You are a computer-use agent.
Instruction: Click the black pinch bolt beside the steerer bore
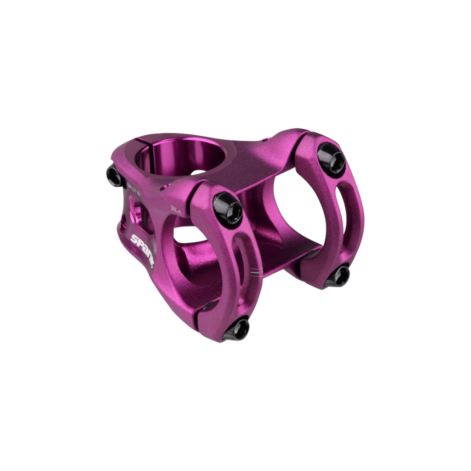(x=113, y=175)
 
